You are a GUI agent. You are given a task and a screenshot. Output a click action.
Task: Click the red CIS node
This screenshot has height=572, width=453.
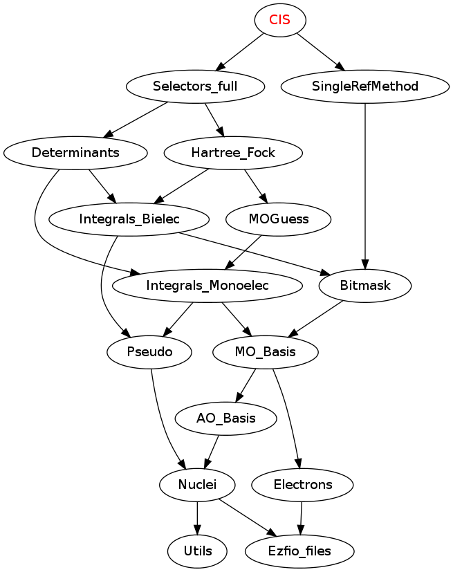tap(280, 20)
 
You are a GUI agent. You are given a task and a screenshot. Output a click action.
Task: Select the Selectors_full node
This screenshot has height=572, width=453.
tap(195, 86)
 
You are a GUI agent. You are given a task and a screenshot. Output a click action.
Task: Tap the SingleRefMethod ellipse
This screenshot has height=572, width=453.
tap(365, 86)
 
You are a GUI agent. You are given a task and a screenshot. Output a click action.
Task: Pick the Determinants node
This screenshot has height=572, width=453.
tap(75, 153)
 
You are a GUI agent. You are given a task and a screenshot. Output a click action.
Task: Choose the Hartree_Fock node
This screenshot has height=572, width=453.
tap(233, 153)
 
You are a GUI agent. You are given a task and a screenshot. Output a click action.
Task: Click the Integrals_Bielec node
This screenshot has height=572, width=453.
tap(129, 219)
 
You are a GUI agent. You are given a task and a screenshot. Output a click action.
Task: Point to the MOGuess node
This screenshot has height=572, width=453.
tap(279, 219)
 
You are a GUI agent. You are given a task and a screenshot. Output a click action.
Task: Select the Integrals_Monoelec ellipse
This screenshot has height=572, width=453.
tap(207, 286)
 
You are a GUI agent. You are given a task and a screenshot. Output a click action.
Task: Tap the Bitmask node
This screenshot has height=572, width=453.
tap(365, 286)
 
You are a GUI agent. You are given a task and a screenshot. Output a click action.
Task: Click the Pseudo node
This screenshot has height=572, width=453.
tap(149, 352)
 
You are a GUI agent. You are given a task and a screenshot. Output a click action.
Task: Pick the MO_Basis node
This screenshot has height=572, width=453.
tap(266, 352)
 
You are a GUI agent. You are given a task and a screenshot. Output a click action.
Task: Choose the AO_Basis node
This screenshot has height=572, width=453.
tap(225, 418)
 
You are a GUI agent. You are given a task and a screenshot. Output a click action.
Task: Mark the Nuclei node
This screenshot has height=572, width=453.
tap(197, 485)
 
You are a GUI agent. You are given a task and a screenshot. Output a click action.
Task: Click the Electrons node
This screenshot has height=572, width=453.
tap(303, 485)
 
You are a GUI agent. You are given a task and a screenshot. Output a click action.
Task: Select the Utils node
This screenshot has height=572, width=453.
tap(197, 551)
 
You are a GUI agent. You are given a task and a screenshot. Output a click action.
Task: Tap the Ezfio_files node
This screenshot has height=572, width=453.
tap(299, 551)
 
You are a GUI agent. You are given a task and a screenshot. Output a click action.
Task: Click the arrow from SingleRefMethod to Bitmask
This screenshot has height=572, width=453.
tap(365, 186)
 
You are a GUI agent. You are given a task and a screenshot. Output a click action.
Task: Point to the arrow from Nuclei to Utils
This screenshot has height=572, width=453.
tap(197, 518)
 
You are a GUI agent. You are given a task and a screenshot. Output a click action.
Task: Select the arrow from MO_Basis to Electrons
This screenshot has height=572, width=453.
tap(288, 418)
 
